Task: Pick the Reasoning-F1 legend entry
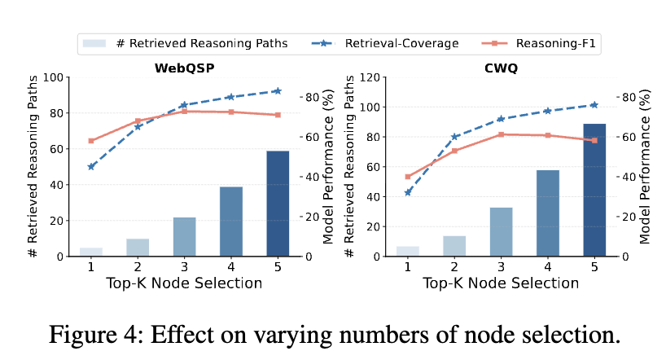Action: (x=541, y=43)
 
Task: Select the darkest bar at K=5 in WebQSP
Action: (x=278, y=204)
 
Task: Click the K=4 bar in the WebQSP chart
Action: (x=231, y=222)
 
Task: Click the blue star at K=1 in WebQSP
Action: (x=91, y=166)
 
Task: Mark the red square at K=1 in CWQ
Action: (x=407, y=176)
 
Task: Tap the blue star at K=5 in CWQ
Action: (x=594, y=104)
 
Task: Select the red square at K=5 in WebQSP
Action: (x=278, y=115)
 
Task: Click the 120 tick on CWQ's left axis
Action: (x=371, y=78)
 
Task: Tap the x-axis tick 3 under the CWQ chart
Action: (x=501, y=266)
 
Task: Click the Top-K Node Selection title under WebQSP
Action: (x=184, y=283)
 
